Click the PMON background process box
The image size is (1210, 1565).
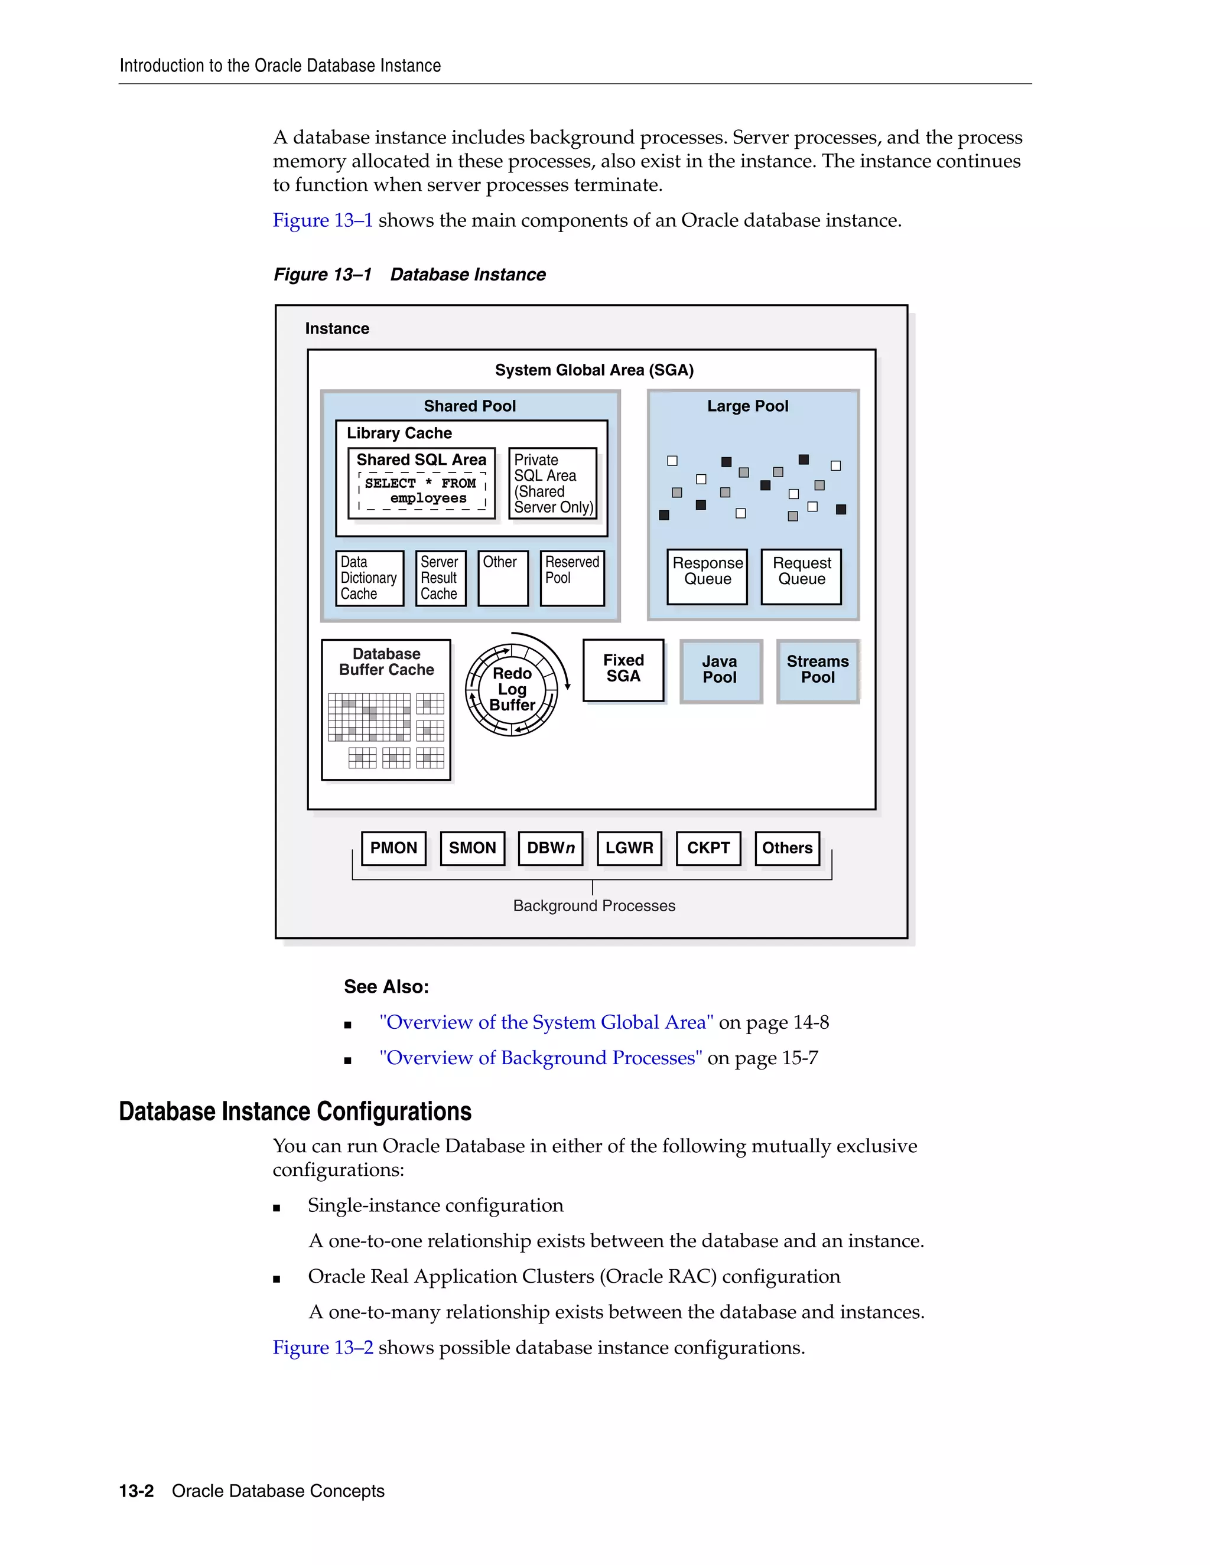[393, 849]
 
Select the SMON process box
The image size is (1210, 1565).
[473, 849]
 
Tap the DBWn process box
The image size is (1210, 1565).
[551, 849]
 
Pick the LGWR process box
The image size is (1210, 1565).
[629, 849]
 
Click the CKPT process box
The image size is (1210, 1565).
[708, 849]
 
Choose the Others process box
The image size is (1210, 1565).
[787, 849]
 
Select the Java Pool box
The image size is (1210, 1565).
[720, 671]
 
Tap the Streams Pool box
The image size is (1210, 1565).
[818, 671]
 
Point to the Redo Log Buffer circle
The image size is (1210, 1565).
[512, 689]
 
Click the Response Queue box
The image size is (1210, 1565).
[707, 577]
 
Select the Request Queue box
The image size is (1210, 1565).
[801, 577]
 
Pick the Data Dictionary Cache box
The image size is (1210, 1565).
[369, 578]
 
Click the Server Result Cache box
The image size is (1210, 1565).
[440, 578]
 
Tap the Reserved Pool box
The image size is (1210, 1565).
[572, 578]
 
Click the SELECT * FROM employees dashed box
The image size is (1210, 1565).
[422, 491]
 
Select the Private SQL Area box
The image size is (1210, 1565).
[552, 484]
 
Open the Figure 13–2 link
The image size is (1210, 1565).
[323, 1348]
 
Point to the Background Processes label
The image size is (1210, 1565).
[594, 906]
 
